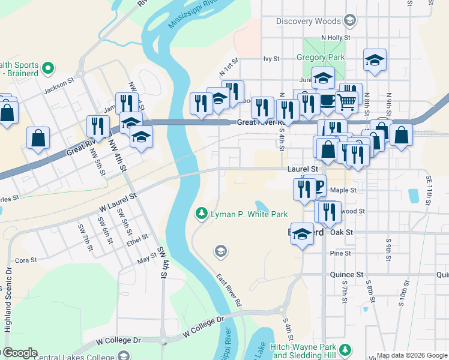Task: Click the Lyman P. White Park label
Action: [249, 214]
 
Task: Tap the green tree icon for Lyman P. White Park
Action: [202, 214]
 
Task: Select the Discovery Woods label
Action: [308, 22]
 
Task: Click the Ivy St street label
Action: [272, 59]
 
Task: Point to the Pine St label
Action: [340, 254]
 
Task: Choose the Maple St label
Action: [343, 190]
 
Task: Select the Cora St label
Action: [26, 260]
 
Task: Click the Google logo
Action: [19, 353]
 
